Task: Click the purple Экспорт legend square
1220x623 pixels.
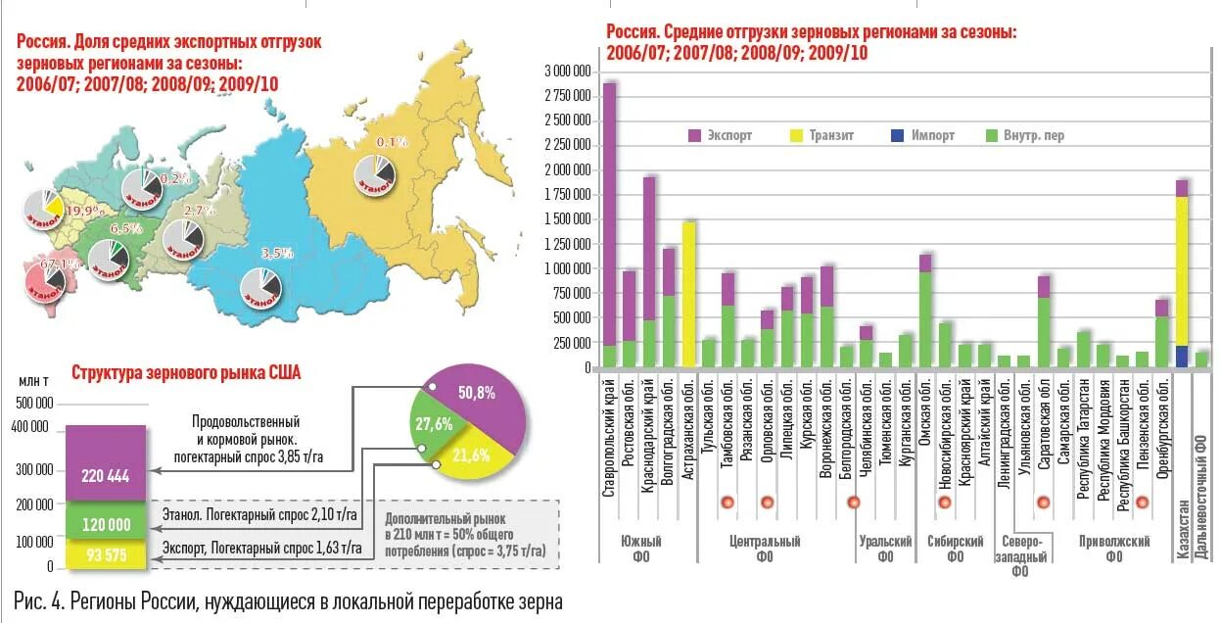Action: click(x=696, y=135)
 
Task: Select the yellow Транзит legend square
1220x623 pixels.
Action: click(x=798, y=135)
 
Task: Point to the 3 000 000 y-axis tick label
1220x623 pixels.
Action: click(x=568, y=72)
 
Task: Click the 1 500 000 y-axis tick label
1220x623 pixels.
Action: click(x=568, y=219)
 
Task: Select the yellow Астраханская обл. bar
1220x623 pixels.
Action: click(x=689, y=294)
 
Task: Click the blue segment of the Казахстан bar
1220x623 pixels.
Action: click(x=1182, y=357)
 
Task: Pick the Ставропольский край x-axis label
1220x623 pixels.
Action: click(x=609, y=440)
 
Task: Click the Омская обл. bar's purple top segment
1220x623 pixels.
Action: click(x=925, y=263)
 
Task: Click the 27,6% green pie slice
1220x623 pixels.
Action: click(x=434, y=424)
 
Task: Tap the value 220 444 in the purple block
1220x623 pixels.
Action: click(x=106, y=477)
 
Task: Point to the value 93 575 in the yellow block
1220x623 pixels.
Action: click(x=106, y=555)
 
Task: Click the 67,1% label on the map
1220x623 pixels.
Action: click(x=53, y=264)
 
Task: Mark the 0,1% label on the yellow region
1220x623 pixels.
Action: click(x=391, y=142)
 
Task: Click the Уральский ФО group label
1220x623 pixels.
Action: click(x=885, y=549)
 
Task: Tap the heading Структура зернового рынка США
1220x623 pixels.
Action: click(x=186, y=372)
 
